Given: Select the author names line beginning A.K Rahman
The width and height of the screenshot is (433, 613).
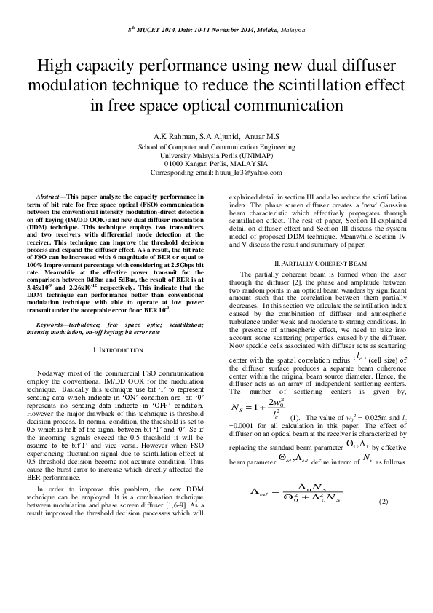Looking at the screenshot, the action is point(216,138).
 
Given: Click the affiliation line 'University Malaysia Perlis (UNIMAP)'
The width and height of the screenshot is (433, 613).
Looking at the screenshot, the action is point(216,155).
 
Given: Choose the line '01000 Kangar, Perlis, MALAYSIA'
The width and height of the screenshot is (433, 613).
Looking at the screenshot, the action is point(216,164).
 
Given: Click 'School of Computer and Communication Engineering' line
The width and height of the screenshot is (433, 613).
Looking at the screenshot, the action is point(216,146).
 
